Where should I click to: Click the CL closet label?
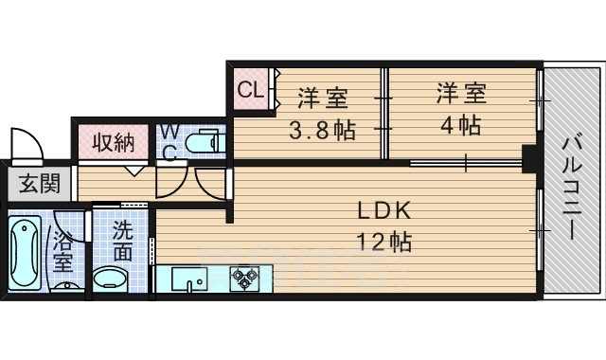[249, 91]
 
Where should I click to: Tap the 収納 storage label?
[113, 144]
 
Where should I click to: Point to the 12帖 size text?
[383, 243]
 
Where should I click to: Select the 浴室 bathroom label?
[64, 247]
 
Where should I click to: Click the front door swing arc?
[28, 142]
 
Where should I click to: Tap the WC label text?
[168, 141]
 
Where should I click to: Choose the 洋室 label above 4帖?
[462, 94]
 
